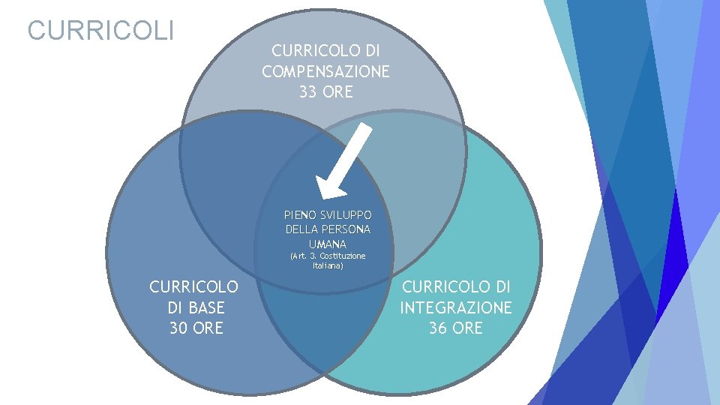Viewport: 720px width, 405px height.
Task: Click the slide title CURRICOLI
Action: [x=100, y=31]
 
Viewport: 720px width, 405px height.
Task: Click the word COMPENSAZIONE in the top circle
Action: [x=325, y=72]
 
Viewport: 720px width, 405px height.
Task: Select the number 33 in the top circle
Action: [x=307, y=93]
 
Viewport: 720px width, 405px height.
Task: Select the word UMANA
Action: [x=328, y=244]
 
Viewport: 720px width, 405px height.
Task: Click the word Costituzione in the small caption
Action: [x=343, y=256]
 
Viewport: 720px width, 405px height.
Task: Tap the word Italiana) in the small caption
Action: [x=328, y=265]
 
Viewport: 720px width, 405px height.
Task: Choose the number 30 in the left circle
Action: [x=180, y=328]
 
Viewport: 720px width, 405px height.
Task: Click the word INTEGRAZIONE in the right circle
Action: [x=456, y=307]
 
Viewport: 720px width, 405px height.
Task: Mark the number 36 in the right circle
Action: [x=439, y=328]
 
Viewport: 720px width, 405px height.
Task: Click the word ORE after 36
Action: [x=468, y=328]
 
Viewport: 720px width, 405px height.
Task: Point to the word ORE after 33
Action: [x=337, y=93]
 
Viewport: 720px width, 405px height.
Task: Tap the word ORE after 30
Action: [x=209, y=328]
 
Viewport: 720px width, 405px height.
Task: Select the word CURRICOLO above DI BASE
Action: [x=194, y=286]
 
